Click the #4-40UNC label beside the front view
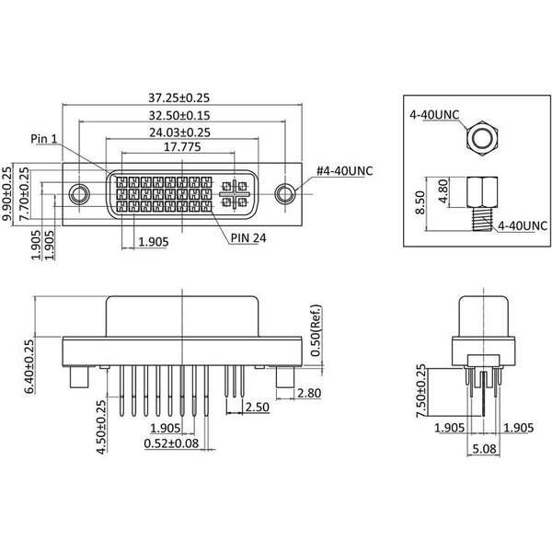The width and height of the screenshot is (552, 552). coord(345,170)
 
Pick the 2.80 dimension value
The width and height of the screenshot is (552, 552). coord(308,394)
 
